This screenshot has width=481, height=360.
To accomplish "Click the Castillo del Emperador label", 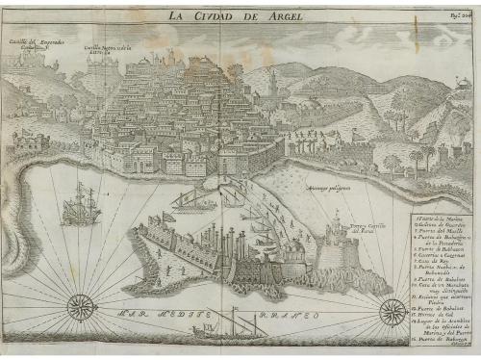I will pos(38,44).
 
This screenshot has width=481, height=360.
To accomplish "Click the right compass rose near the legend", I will pos(391,310).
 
